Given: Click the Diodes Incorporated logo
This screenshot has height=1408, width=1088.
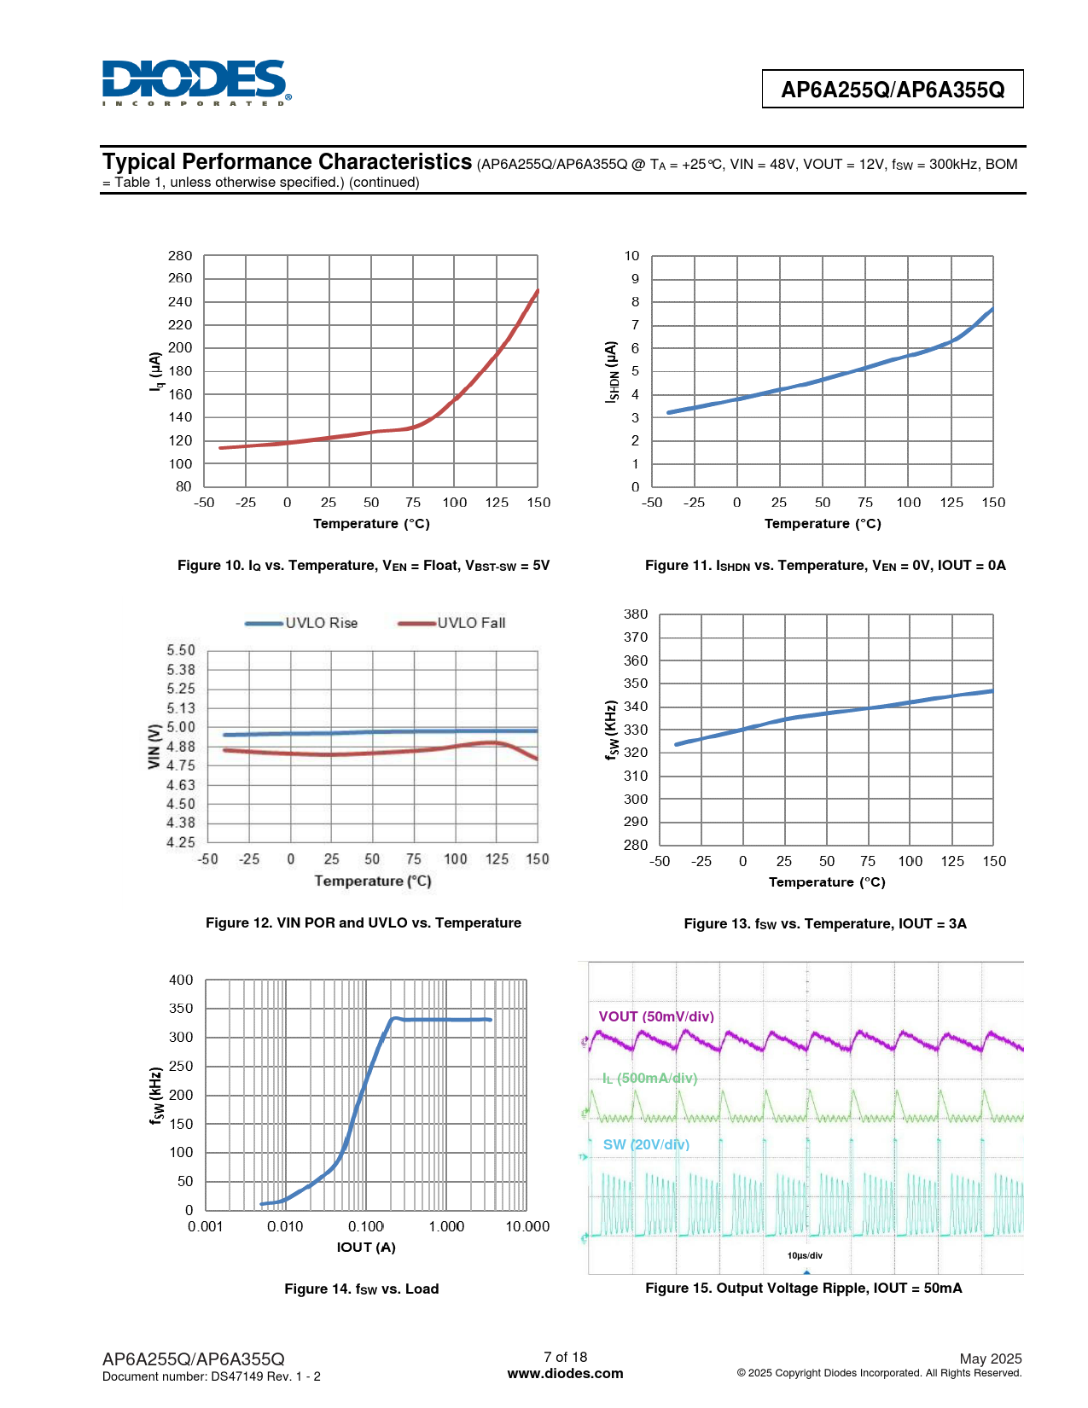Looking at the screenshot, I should (x=195, y=83).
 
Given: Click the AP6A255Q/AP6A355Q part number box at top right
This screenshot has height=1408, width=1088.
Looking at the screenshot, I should (x=892, y=90).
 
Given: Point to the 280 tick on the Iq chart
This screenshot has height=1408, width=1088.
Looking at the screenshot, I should (x=180, y=256).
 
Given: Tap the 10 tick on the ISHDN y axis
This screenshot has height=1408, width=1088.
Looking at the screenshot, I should (x=631, y=256).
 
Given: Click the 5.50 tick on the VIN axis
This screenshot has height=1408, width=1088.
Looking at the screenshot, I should (x=180, y=650).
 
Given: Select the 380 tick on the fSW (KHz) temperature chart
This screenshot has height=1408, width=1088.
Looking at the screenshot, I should (x=636, y=614).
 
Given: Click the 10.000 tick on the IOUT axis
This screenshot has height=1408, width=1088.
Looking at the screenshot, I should (x=527, y=1226).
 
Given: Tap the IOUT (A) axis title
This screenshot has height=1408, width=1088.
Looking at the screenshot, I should (x=366, y=1248).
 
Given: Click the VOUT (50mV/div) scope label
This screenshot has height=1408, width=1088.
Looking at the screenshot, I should (x=656, y=1016).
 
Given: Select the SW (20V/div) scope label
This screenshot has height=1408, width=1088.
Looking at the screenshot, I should (x=646, y=1144).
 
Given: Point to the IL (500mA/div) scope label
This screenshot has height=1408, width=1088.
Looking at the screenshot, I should (x=649, y=1079).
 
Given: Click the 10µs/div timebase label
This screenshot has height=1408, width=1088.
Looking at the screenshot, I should (x=805, y=1255).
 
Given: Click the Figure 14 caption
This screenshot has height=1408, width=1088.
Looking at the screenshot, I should (x=362, y=1289).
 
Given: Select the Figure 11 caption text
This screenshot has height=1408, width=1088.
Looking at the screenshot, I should (x=825, y=566).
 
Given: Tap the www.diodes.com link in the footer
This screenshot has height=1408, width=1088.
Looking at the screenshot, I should (x=565, y=1374).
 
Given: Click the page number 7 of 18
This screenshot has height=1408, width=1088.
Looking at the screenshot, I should (x=565, y=1357).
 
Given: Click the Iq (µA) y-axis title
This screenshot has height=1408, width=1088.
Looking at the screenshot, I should (x=155, y=372).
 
